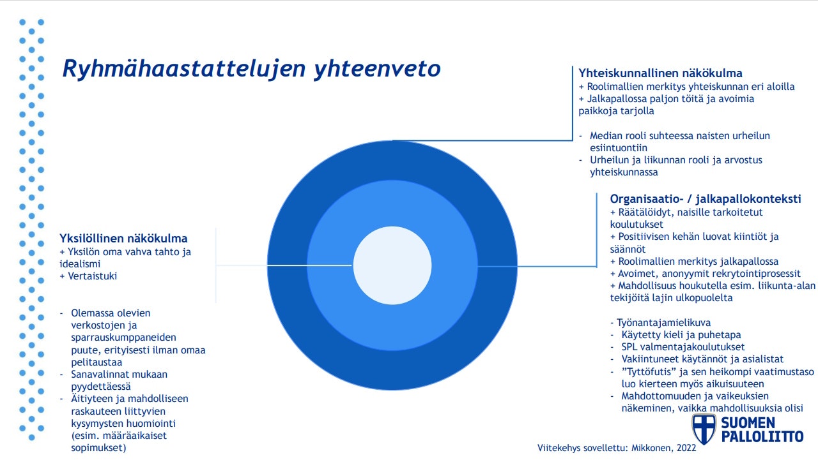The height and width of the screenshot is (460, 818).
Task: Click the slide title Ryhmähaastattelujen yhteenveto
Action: pos(251,69)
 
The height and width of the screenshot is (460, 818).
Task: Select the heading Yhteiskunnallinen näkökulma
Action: pos(660,73)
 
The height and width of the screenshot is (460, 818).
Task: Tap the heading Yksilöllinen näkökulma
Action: pos(123,239)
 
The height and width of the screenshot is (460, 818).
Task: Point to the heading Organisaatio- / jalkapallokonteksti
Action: pos(705,199)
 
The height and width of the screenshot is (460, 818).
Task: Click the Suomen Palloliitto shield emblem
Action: pos(704,429)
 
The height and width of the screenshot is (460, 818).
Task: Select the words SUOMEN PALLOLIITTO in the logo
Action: pos(761,430)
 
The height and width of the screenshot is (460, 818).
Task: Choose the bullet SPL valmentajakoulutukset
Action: pos(683,347)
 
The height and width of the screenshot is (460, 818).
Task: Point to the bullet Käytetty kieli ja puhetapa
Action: pos(681,334)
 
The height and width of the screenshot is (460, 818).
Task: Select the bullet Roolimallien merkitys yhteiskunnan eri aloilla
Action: pos(686,87)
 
